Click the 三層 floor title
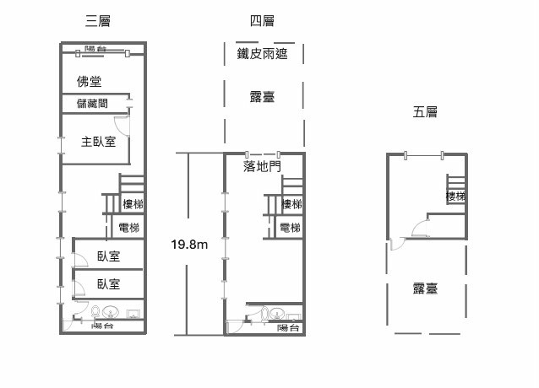pyautogui.click(x=98, y=21)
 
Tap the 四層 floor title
pyautogui.click(x=262, y=21)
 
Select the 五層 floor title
pyautogui.click(x=425, y=112)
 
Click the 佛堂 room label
pyautogui.click(x=89, y=82)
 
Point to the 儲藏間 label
pyautogui.click(x=92, y=103)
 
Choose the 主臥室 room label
pyautogui.click(x=98, y=142)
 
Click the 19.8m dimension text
pyautogui.click(x=189, y=245)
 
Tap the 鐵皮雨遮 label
pyautogui.click(x=262, y=53)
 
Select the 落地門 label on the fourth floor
pyautogui.click(x=262, y=166)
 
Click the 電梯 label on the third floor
pyautogui.click(x=129, y=228)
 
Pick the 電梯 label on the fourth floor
pyautogui.click(x=290, y=228)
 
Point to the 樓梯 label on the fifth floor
pyautogui.click(x=456, y=196)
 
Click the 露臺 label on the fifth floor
pyautogui.click(x=425, y=288)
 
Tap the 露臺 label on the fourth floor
pyautogui.click(x=262, y=97)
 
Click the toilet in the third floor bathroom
pyautogui.click(x=95, y=312)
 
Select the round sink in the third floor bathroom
pyautogui.click(x=111, y=313)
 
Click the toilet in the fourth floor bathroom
pyautogui.click(x=264, y=314)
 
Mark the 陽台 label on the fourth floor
pyautogui.click(x=288, y=327)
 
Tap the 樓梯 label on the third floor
pyautogui.click(x=133, y=204)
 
